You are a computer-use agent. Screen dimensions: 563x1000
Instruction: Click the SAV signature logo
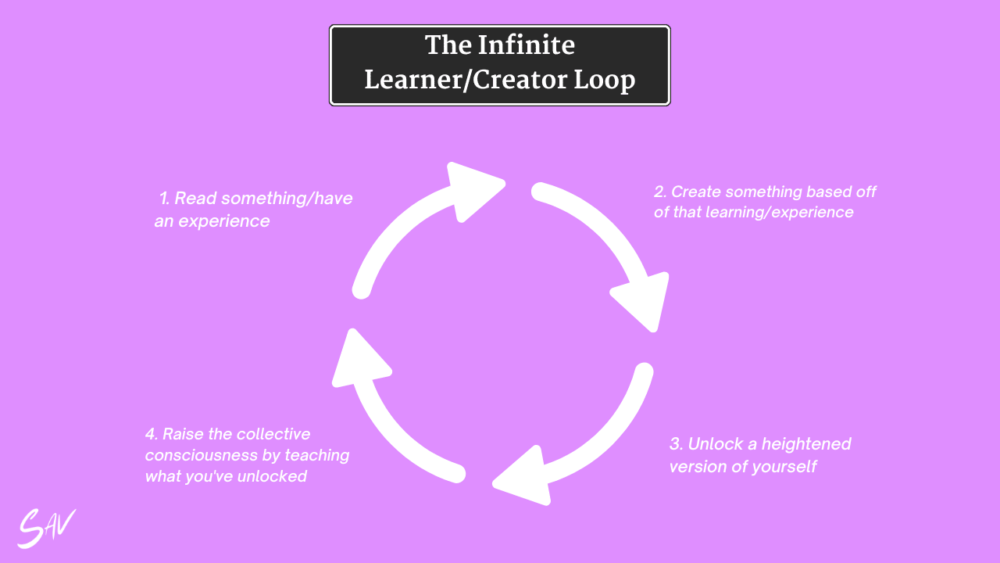coord(46,528)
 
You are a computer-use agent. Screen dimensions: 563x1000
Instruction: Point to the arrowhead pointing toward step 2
coord(473,190)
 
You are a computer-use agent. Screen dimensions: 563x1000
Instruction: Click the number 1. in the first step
coord(165,199)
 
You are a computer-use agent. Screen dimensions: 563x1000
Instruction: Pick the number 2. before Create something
coord(661,192)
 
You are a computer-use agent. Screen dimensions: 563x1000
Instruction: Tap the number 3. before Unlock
coord(677,444)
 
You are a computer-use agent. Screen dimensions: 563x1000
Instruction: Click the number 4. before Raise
coord(152,434)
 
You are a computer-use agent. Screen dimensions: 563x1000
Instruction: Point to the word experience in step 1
coord(223,221)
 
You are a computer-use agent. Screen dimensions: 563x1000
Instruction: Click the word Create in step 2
coord(695,192)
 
